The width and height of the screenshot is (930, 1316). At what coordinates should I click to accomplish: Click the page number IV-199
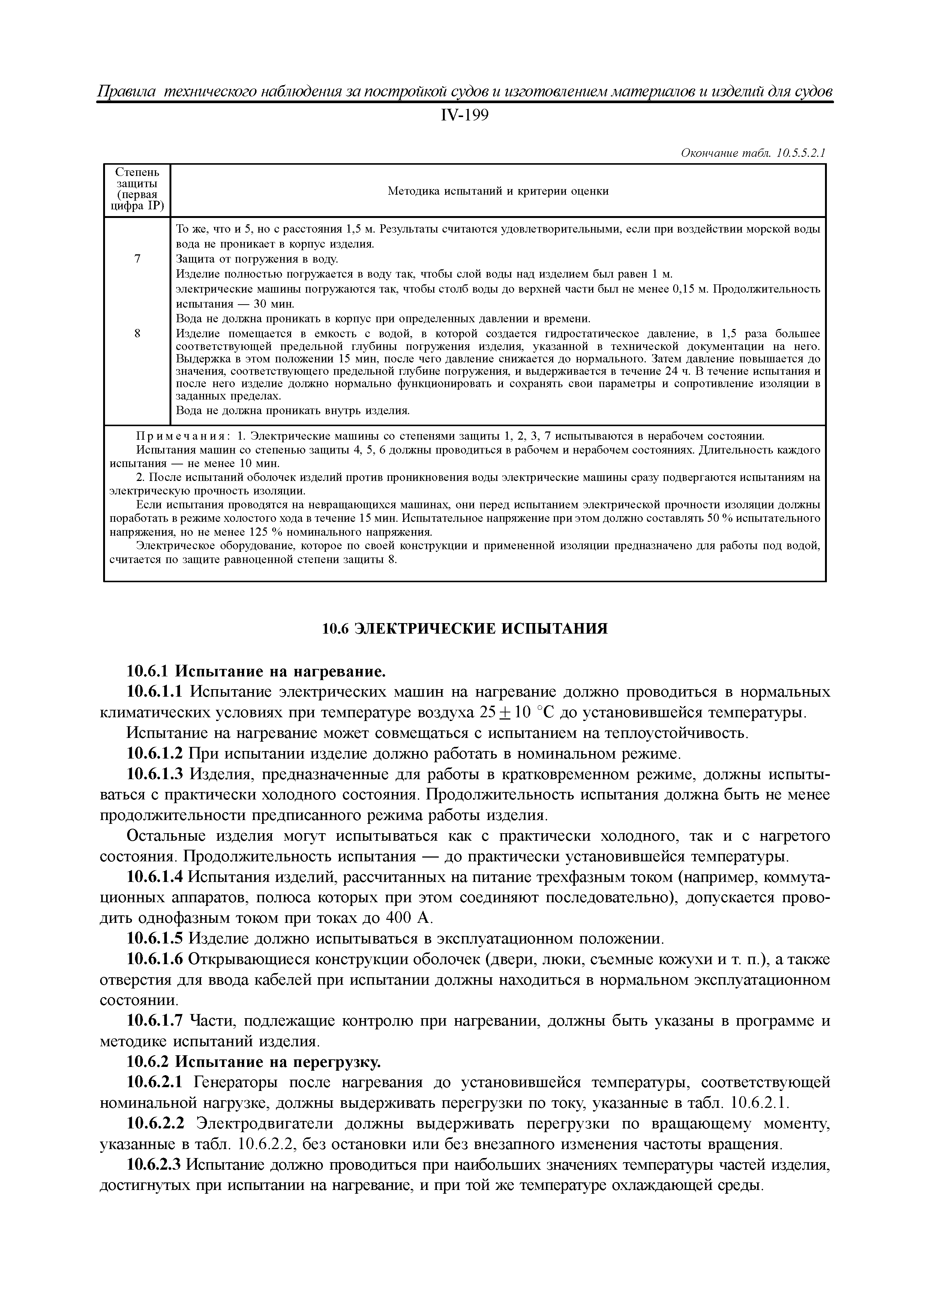(x=465, y=116)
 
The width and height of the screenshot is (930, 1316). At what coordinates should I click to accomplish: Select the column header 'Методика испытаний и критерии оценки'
(x=498, y=191)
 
